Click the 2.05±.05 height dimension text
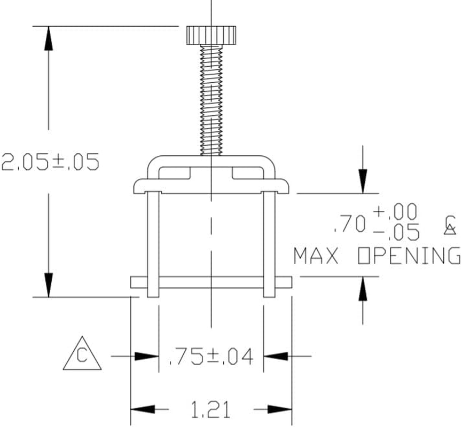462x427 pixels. click(x=50, y=162)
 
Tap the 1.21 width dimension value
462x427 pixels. click(x=211, y=410)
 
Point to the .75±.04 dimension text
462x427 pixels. click(x=211, y=356)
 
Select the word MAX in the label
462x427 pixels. click(x=317, y=256)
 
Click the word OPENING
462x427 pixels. click(x=409, y=256)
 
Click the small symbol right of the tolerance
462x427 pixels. click(x=450, y=225)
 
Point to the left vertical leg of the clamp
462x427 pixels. click(x=152, y=243)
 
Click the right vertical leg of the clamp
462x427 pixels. click(x=270, y=243)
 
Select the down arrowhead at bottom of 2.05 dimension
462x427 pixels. click(x=49, y=286)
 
